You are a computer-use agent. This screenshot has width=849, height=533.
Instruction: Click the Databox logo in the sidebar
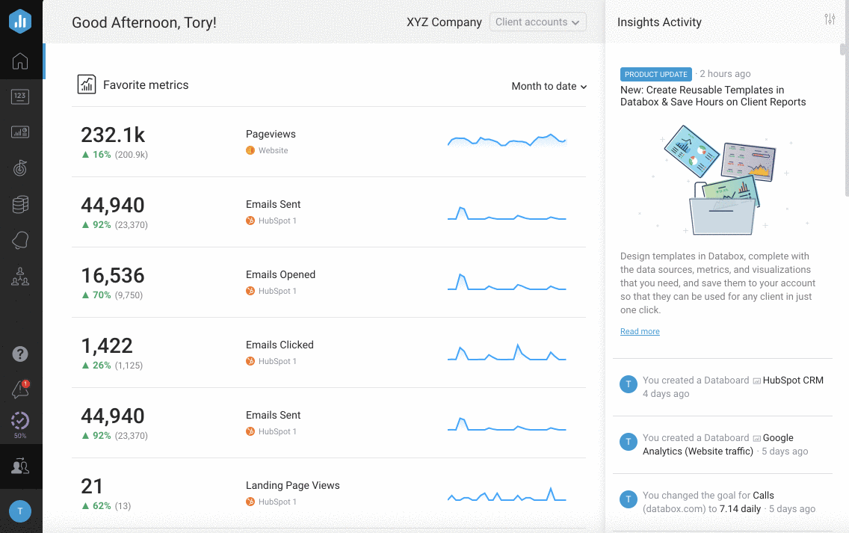(20, 20)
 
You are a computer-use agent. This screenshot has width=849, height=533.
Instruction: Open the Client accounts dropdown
(537, 22)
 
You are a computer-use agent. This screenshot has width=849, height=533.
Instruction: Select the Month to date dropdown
(549, 86)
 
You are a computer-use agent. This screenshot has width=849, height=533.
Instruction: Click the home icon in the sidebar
(20, 61)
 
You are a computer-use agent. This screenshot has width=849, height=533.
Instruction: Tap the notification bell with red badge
(20, 389)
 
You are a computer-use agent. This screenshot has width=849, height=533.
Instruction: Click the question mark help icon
(20, 354)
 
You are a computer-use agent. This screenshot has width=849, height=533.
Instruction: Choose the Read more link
(640, 331)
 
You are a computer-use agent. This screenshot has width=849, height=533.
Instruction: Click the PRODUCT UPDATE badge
(655, 74)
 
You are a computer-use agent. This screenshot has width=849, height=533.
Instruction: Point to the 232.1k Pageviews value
(113, 135)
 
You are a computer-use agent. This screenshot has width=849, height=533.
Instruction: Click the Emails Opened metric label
(280, 274)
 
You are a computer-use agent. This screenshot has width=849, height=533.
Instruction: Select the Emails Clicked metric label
(280, 345)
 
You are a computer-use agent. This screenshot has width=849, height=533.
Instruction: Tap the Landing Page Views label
(292, 485)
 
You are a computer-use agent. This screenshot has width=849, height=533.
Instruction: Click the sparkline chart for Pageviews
(507, 141)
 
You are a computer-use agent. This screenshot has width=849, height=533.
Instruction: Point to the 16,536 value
(113, 275)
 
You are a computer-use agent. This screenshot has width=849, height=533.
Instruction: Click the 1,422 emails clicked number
(107, 345)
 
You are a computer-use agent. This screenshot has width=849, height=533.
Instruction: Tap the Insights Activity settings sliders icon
(830, 19)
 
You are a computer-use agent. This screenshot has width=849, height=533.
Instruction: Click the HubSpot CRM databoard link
(792, 380)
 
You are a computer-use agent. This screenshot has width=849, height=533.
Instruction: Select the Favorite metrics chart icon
(87, 84)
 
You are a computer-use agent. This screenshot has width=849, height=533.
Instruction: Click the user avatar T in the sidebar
(20, 511)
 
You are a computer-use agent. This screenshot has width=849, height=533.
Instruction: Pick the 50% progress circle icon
(20, 422)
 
